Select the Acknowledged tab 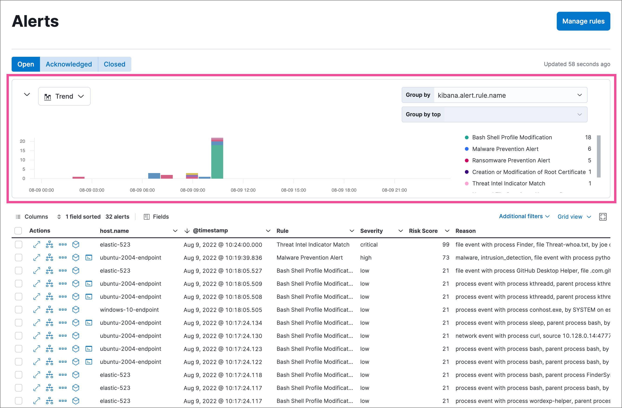pos(69,64)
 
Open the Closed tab pos(114,64)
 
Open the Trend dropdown pos(64,96)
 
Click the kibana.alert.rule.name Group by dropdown pos(510,95)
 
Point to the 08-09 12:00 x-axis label pos(243,190)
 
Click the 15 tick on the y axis pos(23,151)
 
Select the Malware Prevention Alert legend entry pos(505,149)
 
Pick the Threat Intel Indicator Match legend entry pos(508,183)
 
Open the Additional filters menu pos(524,216)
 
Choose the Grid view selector pos(574,217)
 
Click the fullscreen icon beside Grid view pos(602,217)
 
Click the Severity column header pos(371,231)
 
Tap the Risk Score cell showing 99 pos(446,244)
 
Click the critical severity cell pos(368,244)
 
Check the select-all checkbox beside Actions pos(18,231)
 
